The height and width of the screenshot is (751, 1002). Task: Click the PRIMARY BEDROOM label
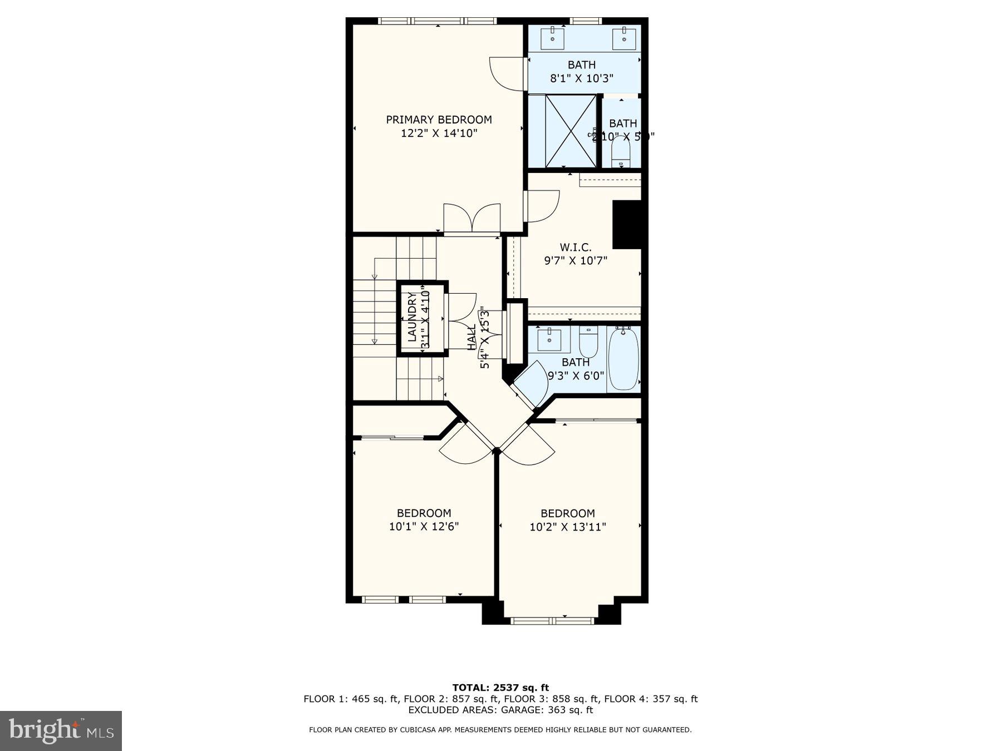439,120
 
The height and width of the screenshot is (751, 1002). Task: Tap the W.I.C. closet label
575,247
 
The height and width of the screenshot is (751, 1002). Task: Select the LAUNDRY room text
412,317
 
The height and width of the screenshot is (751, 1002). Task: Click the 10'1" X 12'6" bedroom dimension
424,526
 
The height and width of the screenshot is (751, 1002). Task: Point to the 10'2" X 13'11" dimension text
567,526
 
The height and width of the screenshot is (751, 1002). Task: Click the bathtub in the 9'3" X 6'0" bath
623,359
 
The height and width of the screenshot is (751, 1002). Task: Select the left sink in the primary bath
553,36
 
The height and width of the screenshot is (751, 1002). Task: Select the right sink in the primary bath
624,36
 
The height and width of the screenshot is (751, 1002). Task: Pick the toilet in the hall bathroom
588,342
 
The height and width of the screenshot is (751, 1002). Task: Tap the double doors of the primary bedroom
472,218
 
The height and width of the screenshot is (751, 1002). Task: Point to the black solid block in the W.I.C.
627,224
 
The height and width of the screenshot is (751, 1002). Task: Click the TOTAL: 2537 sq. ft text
500,688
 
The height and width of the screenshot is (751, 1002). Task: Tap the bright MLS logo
61,730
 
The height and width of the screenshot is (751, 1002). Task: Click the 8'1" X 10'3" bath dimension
582,78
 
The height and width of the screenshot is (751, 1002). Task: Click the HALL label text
471,338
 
